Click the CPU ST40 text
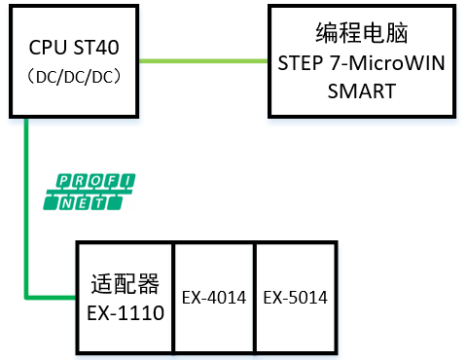point(76,49)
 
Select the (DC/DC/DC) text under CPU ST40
point(76,76)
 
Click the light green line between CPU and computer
point(204,61)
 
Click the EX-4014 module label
point(214,297)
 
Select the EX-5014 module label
point(295,297)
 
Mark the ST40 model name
point(98,49)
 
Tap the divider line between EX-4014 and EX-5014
point(254,297)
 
